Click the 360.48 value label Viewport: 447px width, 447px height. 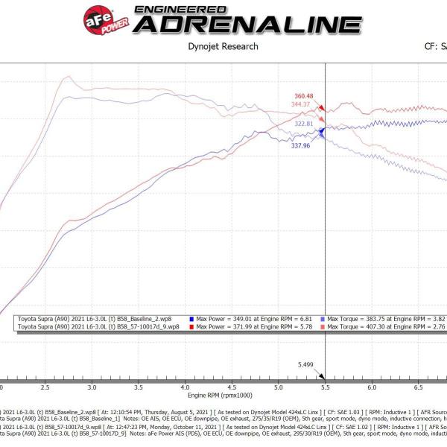pos(303,96)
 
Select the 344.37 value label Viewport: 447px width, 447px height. pos(300,104)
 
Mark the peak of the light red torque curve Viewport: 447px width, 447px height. pos(68,77)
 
